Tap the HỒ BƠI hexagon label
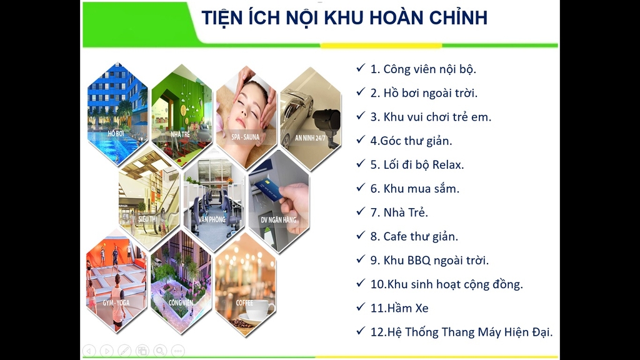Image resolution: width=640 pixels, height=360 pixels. (x=116, y=134)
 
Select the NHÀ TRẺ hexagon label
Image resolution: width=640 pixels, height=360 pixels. (x=181, y=134)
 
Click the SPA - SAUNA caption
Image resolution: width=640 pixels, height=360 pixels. (x=245, y=137)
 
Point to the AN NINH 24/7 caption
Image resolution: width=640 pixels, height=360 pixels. (x=310, y=138)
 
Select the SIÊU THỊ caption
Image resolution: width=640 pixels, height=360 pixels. (x=147, y=219)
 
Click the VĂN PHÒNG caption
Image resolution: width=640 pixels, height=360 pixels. (x=212, y=219)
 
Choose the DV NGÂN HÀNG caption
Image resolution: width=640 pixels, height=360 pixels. (x=278, y=220)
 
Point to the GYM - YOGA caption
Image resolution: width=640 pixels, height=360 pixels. (x=116, y=303)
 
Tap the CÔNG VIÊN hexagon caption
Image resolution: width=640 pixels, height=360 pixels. (x=181, y=303)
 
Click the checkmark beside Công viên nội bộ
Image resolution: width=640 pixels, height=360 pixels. (x=361, y=67)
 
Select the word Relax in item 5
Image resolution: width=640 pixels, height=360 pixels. (x=447, y=165)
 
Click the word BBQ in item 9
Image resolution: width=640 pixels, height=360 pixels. (x=419, y=261)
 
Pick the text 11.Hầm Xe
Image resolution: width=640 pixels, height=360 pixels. (x=399, y=308)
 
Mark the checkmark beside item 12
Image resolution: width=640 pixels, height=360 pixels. (x=361, y=330)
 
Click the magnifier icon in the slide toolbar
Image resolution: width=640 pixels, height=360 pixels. (x=160, y=351)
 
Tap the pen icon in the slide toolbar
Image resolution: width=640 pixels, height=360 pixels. (x=124, y=351)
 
